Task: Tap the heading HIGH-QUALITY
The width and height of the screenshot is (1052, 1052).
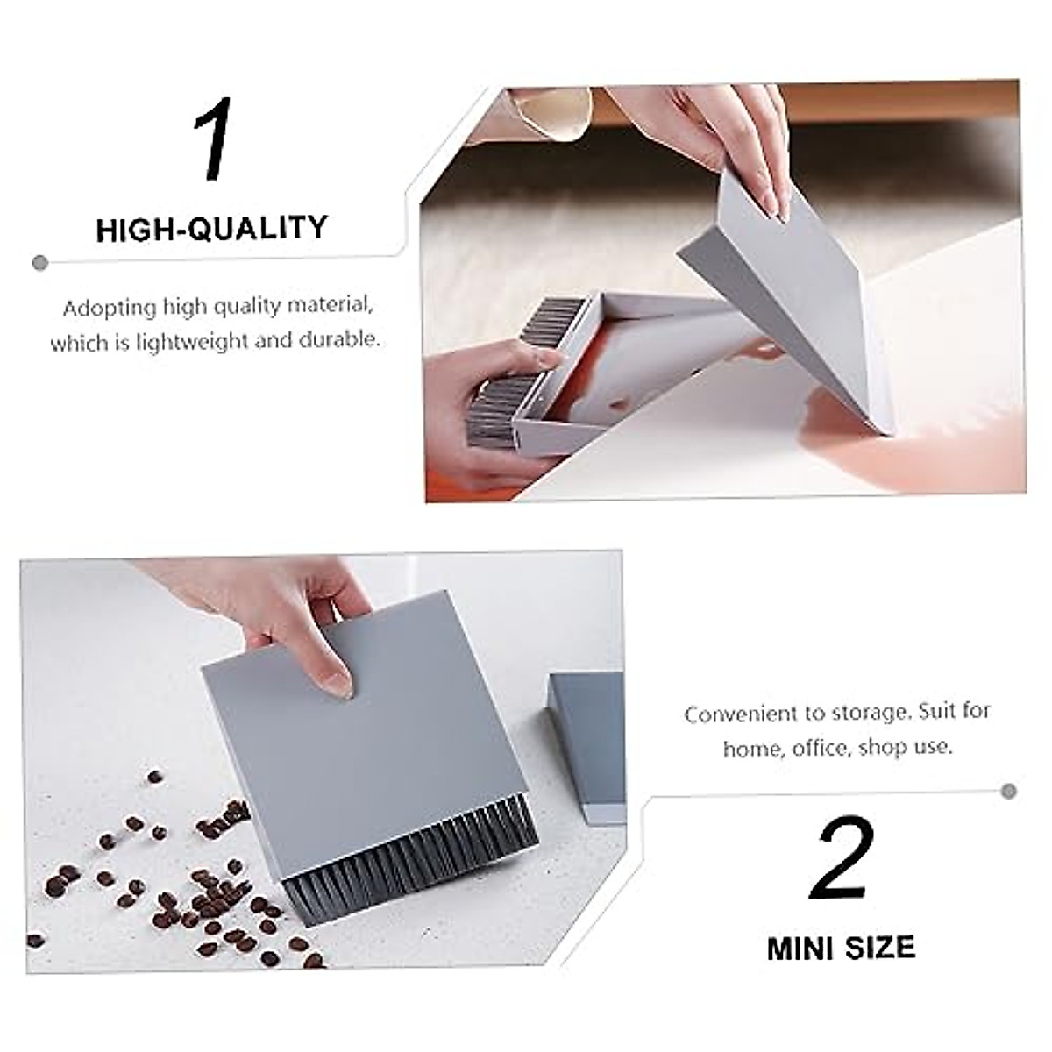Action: [x=211, y=230]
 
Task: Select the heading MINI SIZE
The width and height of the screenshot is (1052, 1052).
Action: [x=841, y=948]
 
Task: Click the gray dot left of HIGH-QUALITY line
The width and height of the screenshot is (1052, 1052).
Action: [x=39, y=262]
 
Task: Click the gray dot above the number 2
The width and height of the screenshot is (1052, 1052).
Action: [x=1009, y=791]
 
